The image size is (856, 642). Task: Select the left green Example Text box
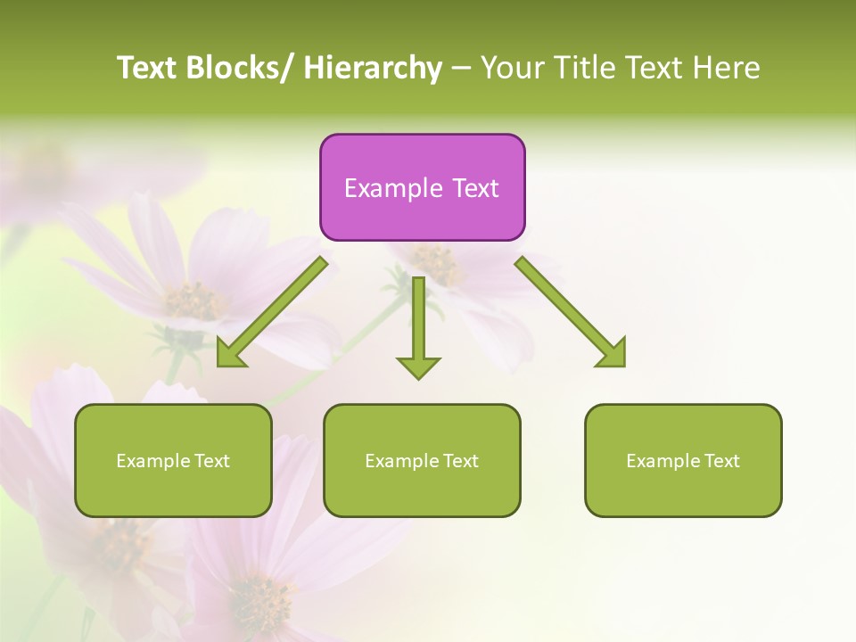[173, 460]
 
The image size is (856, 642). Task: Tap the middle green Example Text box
[422, 460]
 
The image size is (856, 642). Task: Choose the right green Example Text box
[683, 460]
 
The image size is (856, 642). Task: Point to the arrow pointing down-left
[272, 312]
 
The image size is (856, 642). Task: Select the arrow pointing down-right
[571, 312]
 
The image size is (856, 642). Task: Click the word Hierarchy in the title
[373, 68]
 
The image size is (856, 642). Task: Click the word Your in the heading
[513, 68]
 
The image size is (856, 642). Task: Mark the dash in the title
[461, 69]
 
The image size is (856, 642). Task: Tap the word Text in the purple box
[475, 188]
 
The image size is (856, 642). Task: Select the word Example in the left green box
[152, 461]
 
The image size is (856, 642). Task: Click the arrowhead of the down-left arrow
[230, 354]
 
